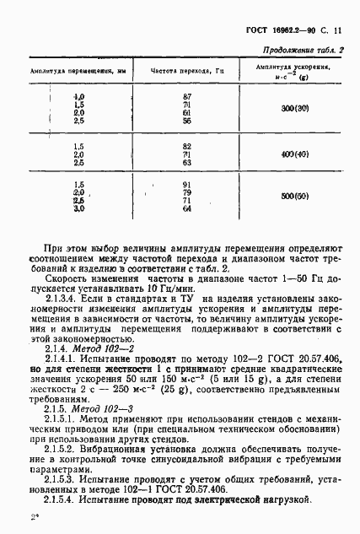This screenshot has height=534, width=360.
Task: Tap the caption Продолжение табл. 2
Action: tap(302, 51)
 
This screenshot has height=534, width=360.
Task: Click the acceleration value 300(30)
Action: tap(295, 109)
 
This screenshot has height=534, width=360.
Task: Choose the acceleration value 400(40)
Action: tap(295, 155)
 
